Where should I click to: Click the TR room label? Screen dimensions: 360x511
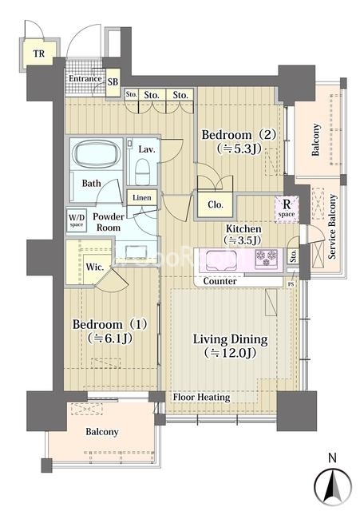pos(39,53)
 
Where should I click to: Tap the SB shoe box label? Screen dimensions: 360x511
pos(113,81)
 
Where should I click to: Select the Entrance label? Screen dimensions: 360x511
pos(85,78)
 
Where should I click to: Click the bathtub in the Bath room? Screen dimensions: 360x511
pos(97,154)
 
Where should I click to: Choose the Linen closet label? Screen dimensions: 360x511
pos(142,198)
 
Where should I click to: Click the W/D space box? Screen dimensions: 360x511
pos(77,220)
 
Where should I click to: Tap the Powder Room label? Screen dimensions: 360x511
pos(109,222)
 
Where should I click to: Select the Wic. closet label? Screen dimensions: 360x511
pos(95,267)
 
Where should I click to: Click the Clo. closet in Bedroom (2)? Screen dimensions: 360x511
pos(216,204)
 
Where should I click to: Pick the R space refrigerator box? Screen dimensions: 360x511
pos(287,209)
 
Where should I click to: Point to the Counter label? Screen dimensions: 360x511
pos(220,281)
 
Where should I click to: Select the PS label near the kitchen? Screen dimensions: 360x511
pos(291,284)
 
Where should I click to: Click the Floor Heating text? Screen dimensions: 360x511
pos(201,397)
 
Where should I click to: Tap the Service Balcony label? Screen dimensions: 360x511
pos(332,227)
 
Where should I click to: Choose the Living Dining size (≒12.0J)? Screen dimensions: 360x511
pos(230,353)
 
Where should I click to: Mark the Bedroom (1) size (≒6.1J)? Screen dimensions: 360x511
pos(110,339)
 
